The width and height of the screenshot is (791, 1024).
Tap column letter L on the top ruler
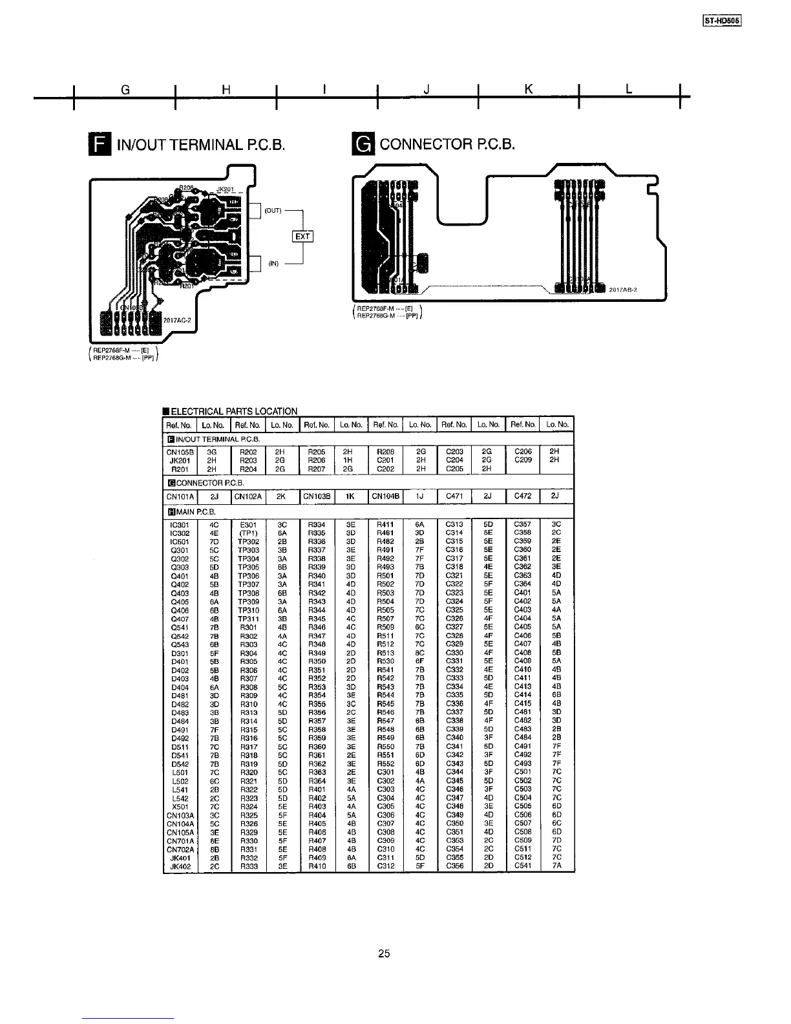point(628,90)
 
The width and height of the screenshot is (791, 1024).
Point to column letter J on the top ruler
point(427,91)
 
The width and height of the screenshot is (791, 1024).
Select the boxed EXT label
point(302,236)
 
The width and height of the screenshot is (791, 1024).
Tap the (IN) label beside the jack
point(273,263)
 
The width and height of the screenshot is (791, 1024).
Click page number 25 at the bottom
point(385,954)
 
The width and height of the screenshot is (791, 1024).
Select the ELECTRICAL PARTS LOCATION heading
point(233,411)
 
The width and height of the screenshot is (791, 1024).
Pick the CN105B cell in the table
point(180,451)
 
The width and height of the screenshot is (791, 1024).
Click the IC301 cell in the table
point(180,524)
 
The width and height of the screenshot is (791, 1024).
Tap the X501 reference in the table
point(180,806)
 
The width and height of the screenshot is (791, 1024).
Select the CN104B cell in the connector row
point(386,496)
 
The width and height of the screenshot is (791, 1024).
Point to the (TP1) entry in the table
point(248,533)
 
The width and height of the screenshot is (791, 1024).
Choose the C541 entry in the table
point(522,866)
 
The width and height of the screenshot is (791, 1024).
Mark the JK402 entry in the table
point(180,866)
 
